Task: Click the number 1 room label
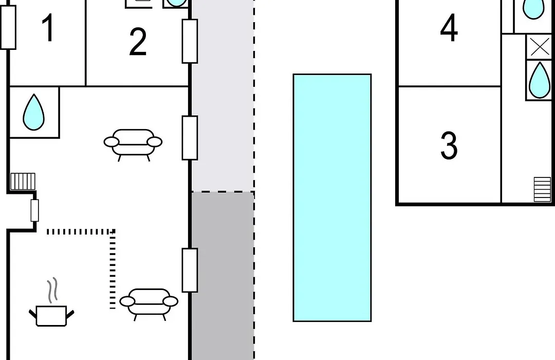pyautogui.click(x=48, y=28)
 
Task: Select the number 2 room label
pyautogui.click(x=138, y=42)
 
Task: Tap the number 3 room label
pyautogui.click(x=449, y=145)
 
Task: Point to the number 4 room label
pyautogui.click(x=449, y=28)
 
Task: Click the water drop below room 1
pyautogui.click(x=33, y=112)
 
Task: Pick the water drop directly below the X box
pyautogui.click(x=539, y=80)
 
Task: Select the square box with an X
pyautogui.click(x=539, y=47)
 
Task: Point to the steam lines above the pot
pyautogui.click(x=52, y=291)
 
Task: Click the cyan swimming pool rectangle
pyautogui.click(x=332, y=197)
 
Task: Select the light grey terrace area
pyautogui.click(x=223, y=96)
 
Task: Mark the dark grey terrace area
pyautogui.click(x=223, y=276)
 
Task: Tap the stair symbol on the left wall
pyautogui.click(x=23, y=182)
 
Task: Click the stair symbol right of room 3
pyautogui.click(x=542, y=189)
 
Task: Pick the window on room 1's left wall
pyautogui.click(x=8, y=27)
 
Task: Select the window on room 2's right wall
pyautogui.click(x=190, y=41)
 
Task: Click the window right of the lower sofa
pyautogui.click(x=190, y=271)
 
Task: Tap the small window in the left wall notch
pyautogui.click(x=34, y=210)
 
